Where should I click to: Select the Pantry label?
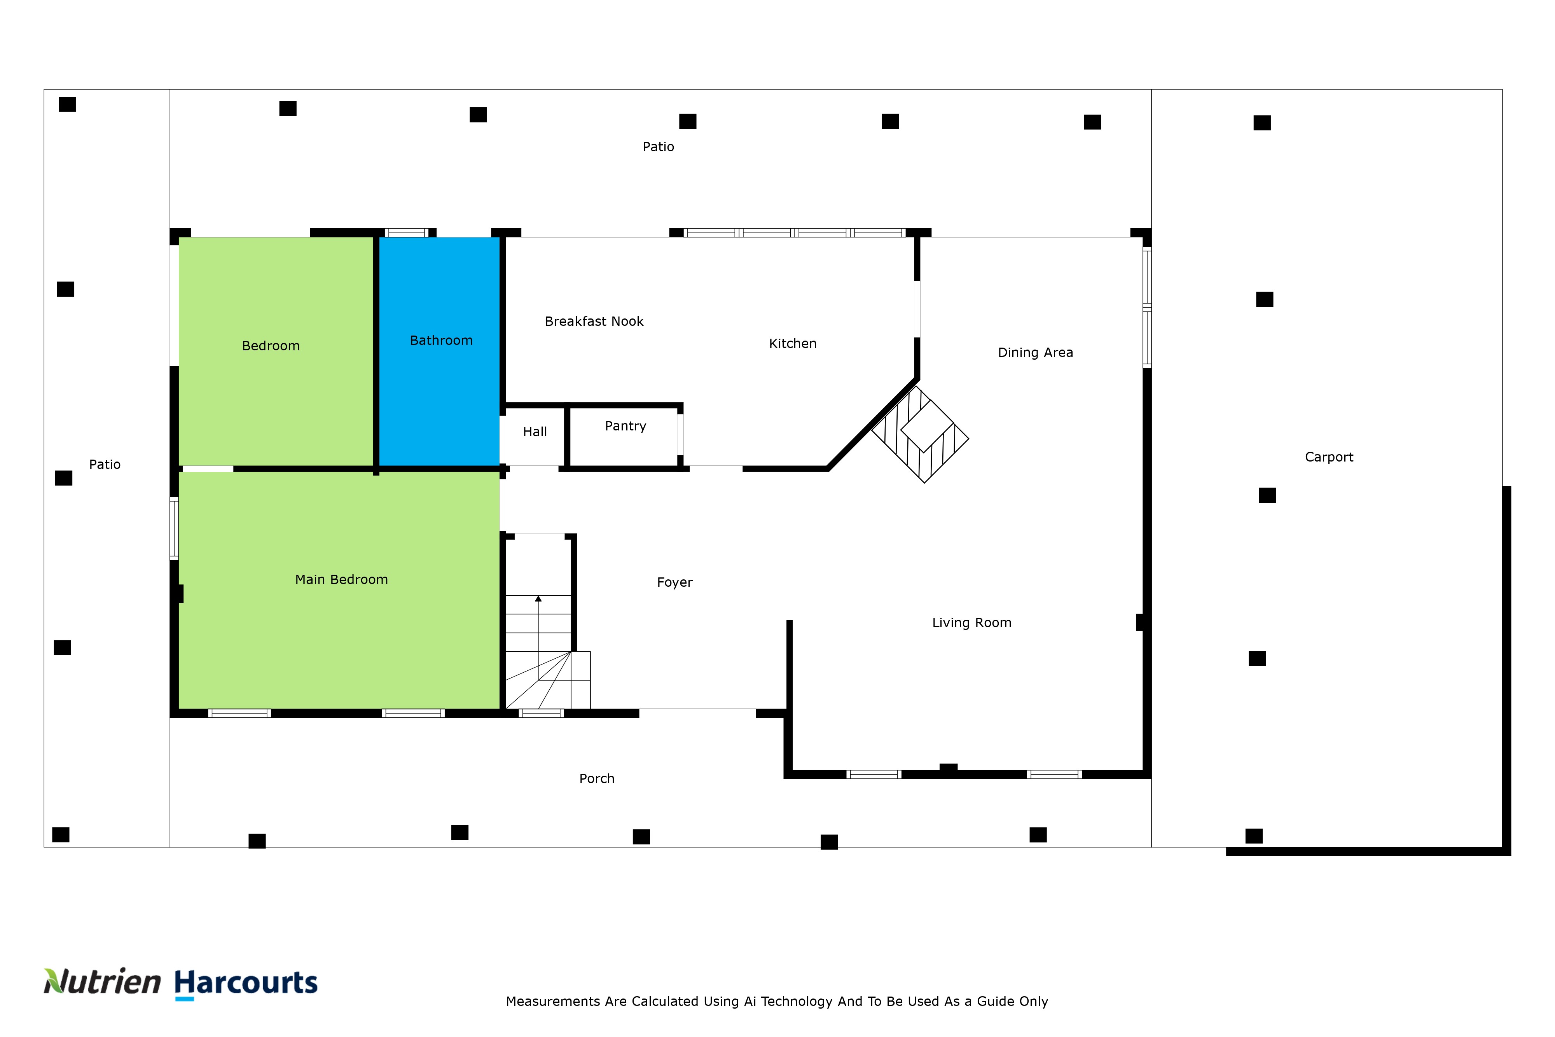click(625, 427)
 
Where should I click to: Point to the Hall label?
click(535, 432)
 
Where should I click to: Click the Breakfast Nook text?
click(594, 322)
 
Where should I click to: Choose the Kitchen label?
click(793, 344)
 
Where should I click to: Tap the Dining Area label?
click(1035, 353)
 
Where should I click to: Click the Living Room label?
click(972, 623)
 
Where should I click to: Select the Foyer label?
click(674, 582)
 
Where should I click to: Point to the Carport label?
click(1329, 457)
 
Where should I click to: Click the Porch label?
click(596, 779)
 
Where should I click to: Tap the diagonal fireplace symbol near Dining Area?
click(920, 434)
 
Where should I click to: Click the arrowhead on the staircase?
click(538, 598)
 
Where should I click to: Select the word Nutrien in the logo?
click(103, 981)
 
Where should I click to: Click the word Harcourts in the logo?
click(246, 983)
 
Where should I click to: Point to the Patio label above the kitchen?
click(659, 147)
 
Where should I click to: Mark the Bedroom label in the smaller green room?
click(271, 346)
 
